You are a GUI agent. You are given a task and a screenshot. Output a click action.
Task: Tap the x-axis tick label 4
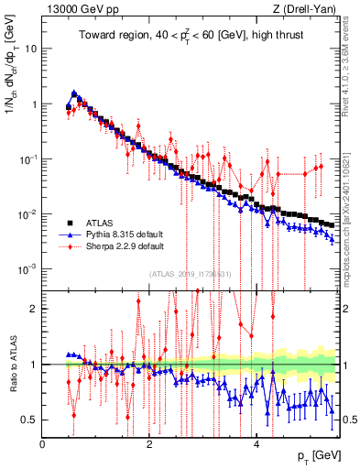(x=256, y=444)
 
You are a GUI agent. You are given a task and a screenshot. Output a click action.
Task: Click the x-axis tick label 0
(x=42, y=444)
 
